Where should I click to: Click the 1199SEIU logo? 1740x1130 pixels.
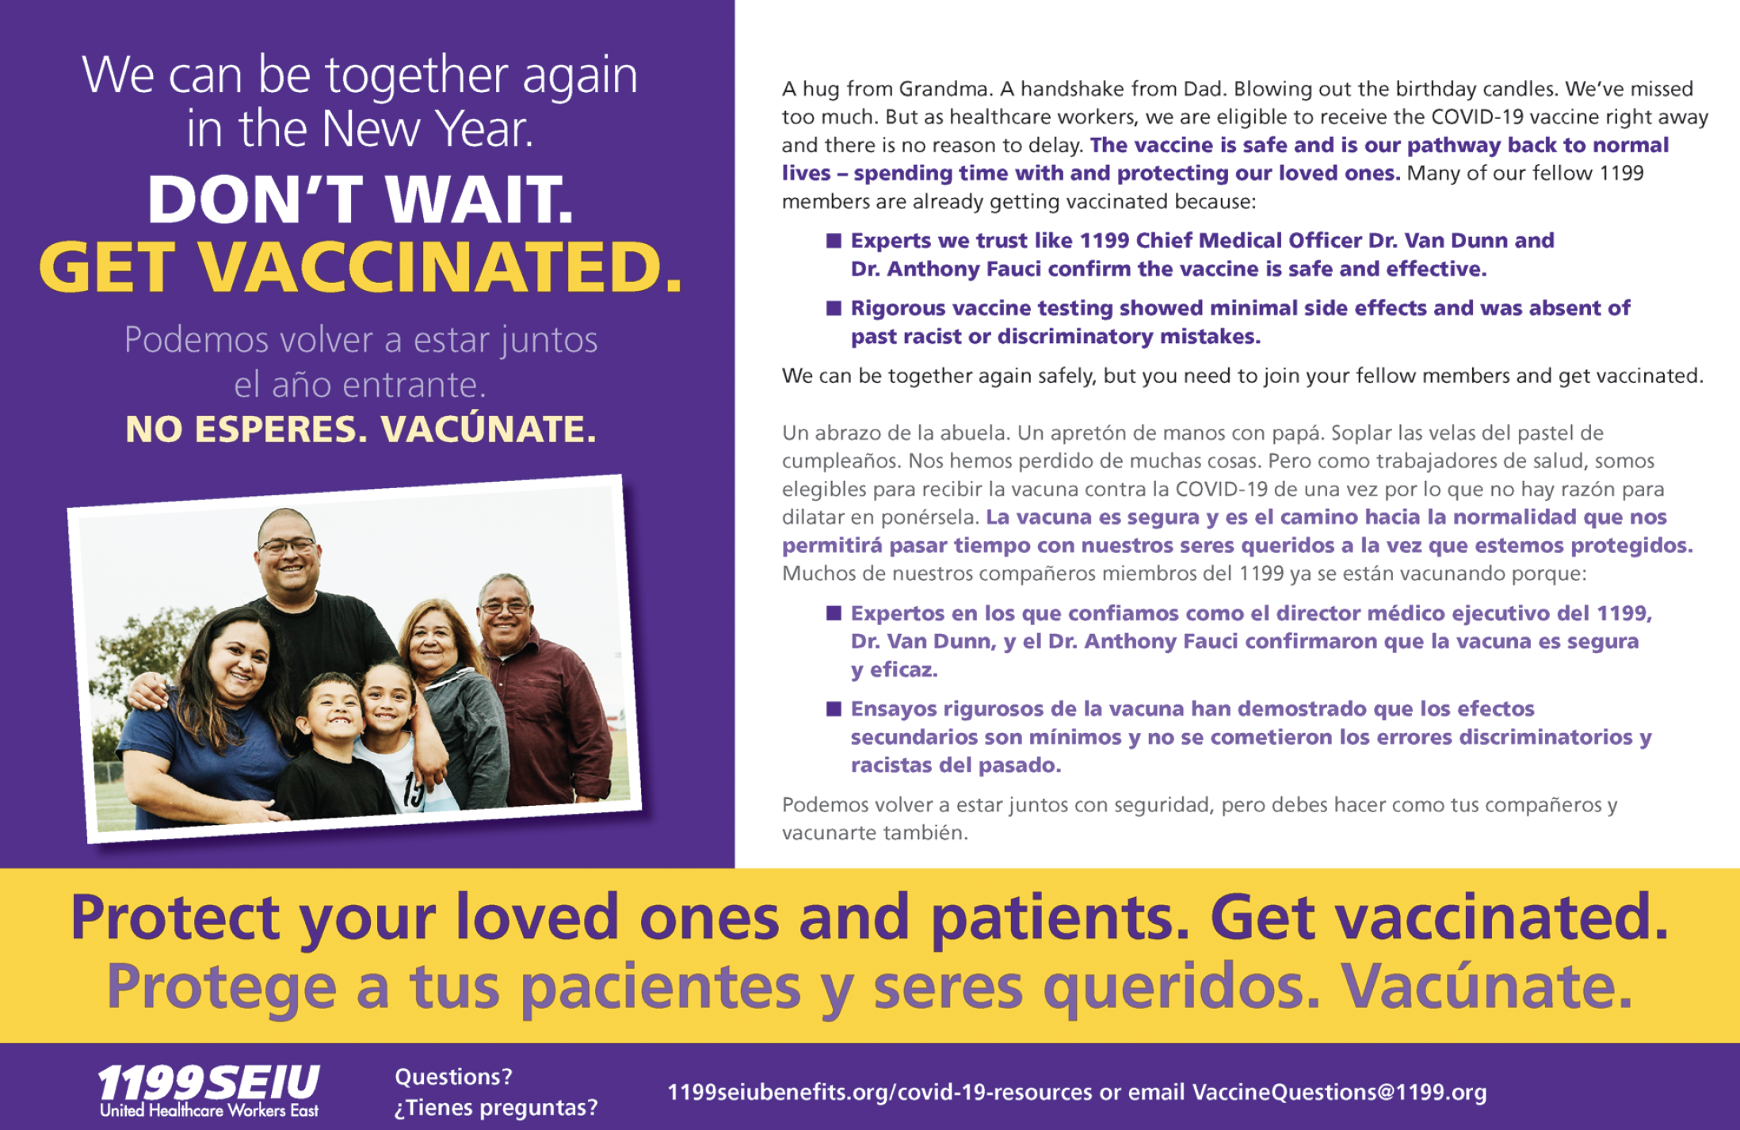tap(208, 1090)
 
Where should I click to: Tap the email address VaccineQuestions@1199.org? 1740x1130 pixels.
tap(1339, 1092)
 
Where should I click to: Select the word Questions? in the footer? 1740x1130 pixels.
tap(453, 1076)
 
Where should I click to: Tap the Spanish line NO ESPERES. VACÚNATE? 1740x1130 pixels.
tap(361, 429)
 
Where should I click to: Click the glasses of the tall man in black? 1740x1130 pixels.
tap(287, 545)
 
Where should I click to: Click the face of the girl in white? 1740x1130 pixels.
tap(388, 697)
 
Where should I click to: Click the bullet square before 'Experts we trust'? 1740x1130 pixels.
tap(834, 240)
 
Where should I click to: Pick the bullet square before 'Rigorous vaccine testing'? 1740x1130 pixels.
tap(834, 307)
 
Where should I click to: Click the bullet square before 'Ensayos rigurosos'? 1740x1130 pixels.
tap(834, 708)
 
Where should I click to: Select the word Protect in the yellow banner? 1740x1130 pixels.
tap(174, 918)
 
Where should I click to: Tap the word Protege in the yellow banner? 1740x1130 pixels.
tap(222, 987)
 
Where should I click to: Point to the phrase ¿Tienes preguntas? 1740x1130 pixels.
tap(496, 1107)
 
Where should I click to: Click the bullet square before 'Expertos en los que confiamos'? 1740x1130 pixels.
tap(834, 613)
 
